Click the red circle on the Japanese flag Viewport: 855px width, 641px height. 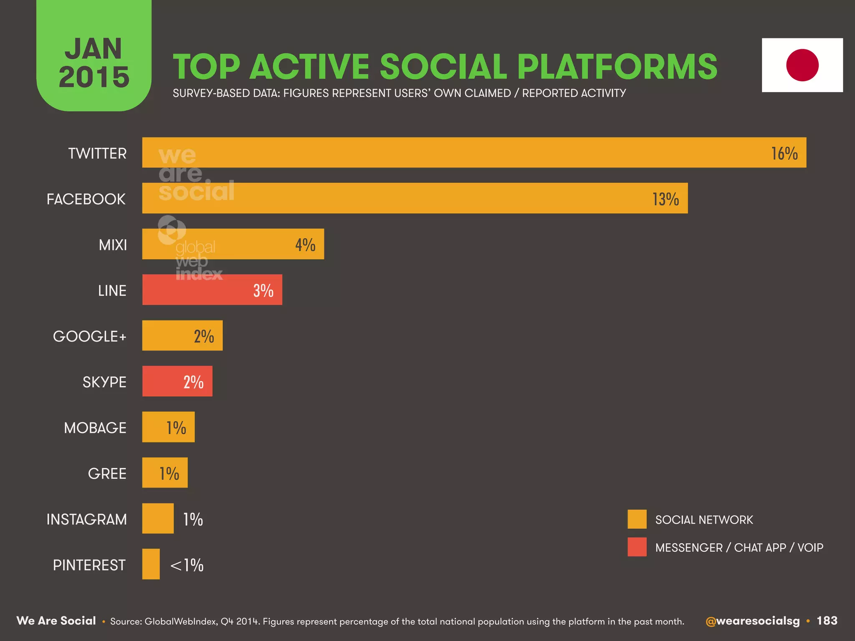802,65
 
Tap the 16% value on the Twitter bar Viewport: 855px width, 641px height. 784,154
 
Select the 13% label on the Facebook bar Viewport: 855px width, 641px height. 665,199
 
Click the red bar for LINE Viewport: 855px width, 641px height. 212,290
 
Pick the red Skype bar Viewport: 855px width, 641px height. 177,381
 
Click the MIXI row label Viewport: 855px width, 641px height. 113,245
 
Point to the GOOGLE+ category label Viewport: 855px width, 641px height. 89,336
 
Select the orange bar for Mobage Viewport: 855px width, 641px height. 168,427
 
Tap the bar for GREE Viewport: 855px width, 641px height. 164,473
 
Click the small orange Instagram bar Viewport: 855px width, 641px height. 158,518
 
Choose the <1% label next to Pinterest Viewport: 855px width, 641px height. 187,565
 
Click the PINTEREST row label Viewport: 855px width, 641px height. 89,565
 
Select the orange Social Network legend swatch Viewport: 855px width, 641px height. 637,519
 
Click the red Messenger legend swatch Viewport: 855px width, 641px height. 637,547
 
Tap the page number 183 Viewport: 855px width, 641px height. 827,621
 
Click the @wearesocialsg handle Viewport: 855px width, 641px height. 752,621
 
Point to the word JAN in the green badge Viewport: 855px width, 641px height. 94,49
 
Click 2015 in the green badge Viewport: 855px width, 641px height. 94,77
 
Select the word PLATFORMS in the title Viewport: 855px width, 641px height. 617,66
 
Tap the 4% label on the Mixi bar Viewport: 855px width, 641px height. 305,245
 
